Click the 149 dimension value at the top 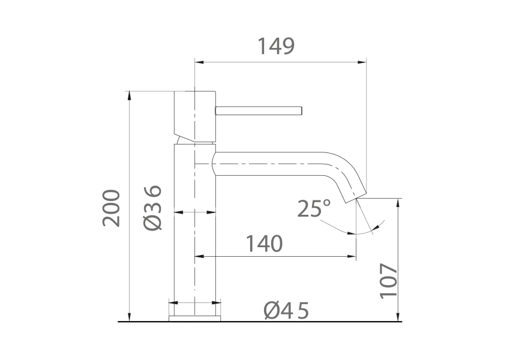tap(276, 46)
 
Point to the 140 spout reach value tap(264, 244)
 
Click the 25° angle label tap(314, 208)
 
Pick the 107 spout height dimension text tap(388, 280)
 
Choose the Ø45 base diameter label tap(286, 311)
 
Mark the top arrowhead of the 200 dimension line tap(128, 95)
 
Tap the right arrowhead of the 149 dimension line tap(362, 61)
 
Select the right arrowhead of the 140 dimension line tap(352, 257)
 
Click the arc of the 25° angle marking tap(360, 232)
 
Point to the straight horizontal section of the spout tap(270, 163)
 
